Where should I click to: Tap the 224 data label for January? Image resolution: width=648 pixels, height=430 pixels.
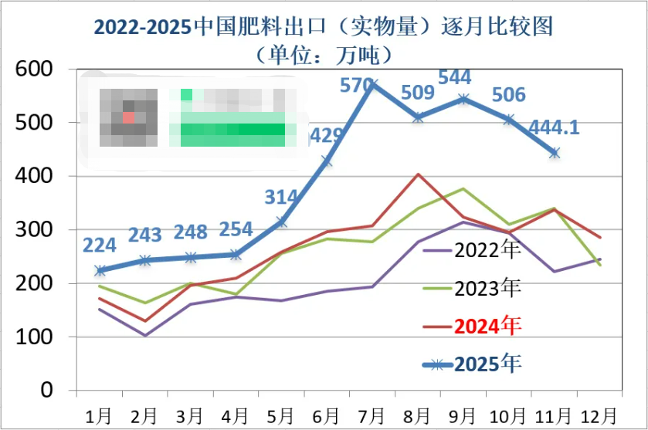(x=99, y=245)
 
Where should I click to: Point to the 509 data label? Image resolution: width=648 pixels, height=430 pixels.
(x=418, y=93)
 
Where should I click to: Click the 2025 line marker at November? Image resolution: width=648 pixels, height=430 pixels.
(x=555, y=153)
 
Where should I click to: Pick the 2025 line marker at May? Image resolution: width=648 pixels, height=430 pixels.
(x=282, y=222)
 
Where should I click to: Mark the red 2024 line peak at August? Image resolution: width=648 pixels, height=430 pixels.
(x=418, y=174)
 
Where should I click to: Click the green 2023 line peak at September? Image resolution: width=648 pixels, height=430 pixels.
(x=463, y=188)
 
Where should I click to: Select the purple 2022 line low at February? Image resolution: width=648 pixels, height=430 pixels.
(x=144, y=336)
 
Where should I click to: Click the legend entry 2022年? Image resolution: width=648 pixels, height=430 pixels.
(x=487, y=250)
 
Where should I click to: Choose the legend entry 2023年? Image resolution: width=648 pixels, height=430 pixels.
(x=487, y=288)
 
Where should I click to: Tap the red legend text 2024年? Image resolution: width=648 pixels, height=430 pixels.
(x=487, y=326)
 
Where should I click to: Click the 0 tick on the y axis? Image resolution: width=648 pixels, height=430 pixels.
(x=46, y=391)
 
